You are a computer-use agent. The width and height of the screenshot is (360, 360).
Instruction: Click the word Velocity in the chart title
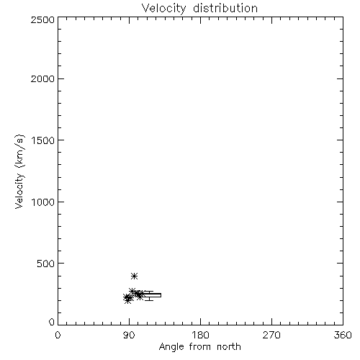coord(163,8)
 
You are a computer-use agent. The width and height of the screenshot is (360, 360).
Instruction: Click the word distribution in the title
coord(225,8)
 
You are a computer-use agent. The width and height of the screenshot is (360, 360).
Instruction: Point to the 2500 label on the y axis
coord(42,19)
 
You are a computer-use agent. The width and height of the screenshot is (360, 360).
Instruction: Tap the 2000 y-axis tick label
coord(42,78)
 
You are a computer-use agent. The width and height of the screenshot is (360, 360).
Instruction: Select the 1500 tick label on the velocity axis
coord(43,140)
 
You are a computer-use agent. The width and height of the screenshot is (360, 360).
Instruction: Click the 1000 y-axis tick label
coord(43,202)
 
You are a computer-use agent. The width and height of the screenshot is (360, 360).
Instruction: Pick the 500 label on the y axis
coord(46,264)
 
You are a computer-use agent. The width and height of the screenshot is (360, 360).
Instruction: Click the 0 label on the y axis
coord(52,322)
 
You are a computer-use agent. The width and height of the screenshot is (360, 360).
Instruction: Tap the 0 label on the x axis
coord(58,335)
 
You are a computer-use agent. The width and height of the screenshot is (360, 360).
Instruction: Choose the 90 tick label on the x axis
coord(129,335)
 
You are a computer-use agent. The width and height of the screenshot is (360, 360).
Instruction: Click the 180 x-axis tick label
coord(200,335)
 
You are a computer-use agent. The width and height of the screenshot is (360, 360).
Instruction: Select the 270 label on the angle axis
coord(271,335)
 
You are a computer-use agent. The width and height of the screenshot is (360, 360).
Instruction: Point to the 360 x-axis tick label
coord(343,335)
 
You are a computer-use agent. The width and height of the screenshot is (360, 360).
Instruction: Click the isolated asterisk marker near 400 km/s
coord(135,276)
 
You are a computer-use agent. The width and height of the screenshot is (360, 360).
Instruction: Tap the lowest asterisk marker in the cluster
coord(127,300)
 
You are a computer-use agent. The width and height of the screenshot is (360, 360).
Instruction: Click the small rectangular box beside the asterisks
coord(152,295)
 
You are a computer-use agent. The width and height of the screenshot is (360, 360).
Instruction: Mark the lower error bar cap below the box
coord(149,300)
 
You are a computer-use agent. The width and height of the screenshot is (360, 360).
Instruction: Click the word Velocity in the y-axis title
coord(19,192)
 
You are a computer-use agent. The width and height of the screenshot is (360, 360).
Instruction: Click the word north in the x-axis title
coord(229,347)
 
